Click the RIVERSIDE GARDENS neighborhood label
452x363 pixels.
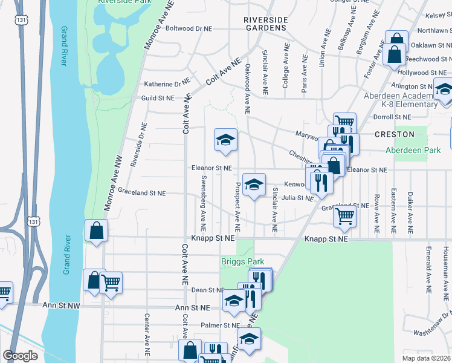click(x=265, y=24)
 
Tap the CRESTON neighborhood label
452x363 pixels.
click(x=394, y=134)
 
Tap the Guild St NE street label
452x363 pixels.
click(x=158, y=98)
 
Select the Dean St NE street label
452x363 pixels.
click(x=208, y=290)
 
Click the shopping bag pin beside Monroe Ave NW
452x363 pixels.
click(x=96, y=231)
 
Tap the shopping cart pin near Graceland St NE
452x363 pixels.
click(x=344, y=215)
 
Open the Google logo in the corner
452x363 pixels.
click(x=20, y=356)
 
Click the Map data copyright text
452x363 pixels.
click(x=426, y=358)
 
